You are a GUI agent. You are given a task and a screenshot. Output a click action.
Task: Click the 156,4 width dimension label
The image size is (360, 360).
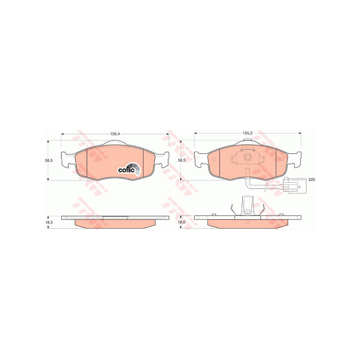[x=115, y=134]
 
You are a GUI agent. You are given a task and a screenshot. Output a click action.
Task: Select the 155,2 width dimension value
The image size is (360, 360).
[x=248, y=133]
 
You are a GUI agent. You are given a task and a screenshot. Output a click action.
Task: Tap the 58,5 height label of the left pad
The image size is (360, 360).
[x=49, y=161]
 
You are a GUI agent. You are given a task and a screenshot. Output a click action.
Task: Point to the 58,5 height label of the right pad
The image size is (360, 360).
[x=182, y=161]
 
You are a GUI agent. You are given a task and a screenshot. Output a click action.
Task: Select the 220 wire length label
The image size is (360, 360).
[x=312, y=180]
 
